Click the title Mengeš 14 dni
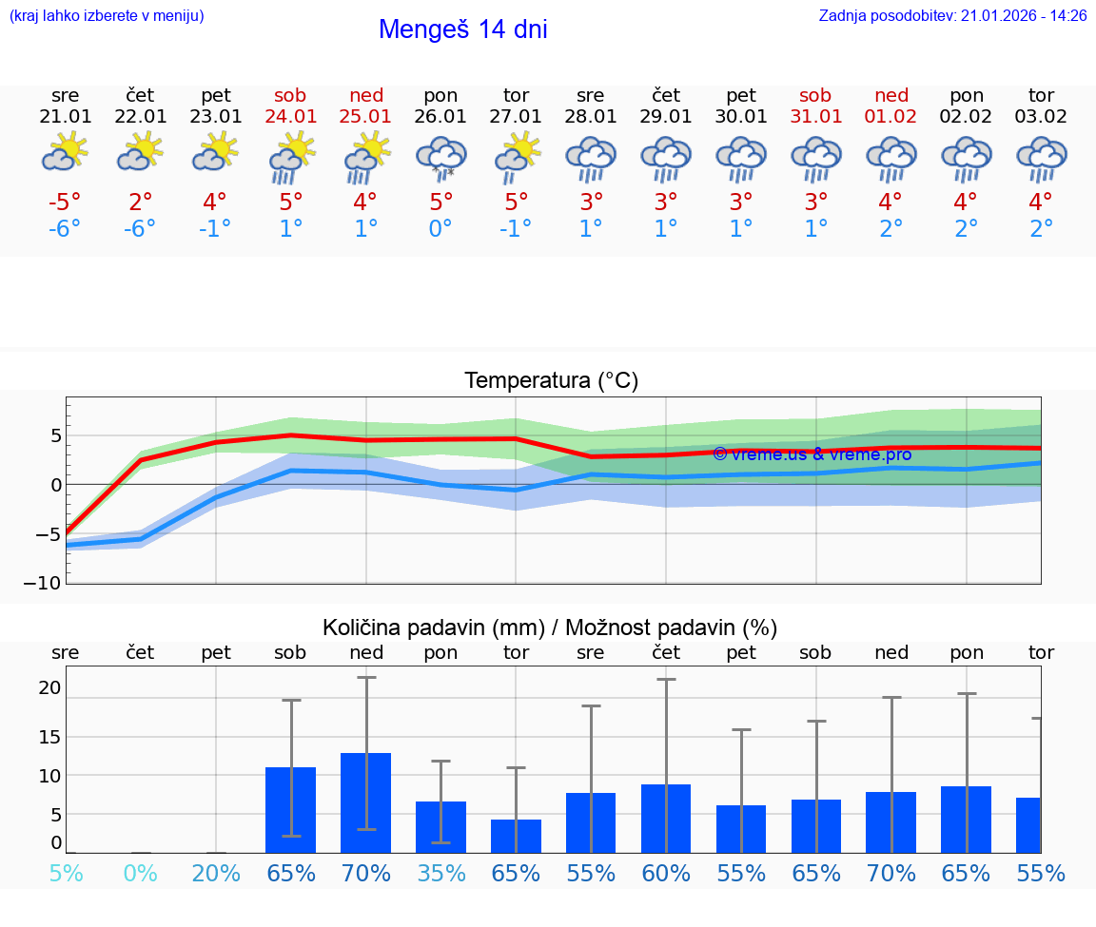pos(462,29)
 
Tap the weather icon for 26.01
pos(440,158)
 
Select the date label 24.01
pos(291,117)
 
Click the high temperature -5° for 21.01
pos(65,203)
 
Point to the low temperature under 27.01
pos(515,229)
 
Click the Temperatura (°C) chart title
pos(551,381)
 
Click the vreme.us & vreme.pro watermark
pos(812,454)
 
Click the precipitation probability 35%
pos(440,873)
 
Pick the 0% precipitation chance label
pos(140,873)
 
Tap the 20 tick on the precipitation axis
pos(49,687)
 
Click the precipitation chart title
pos(550,628)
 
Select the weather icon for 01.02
pos(891,158)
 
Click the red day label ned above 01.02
pos(891,95)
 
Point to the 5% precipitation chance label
pos(65,873)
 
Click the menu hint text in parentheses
pos(107,15)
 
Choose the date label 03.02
pos(1041,117)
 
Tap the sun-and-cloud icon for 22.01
pos(140,152)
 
